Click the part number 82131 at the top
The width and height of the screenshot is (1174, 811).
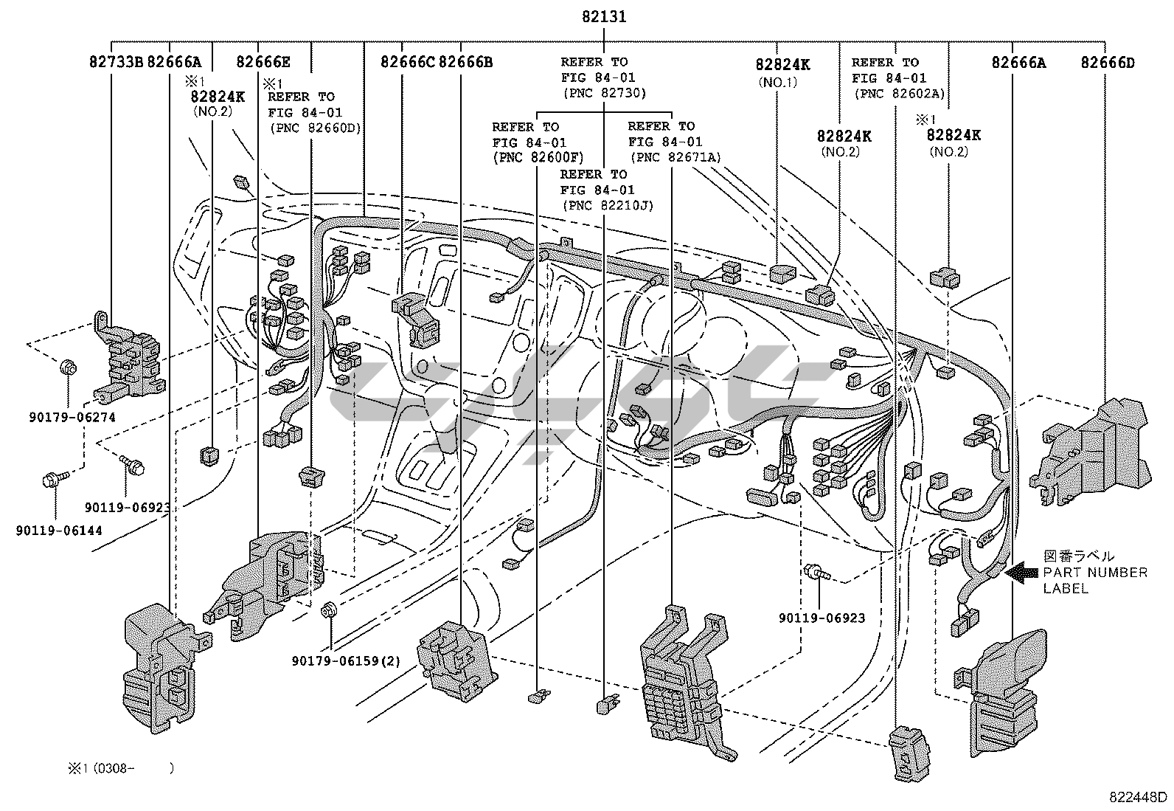[602, 15]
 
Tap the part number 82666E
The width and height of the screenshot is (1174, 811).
[263, 62]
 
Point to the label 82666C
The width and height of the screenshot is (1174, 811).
[408, 62]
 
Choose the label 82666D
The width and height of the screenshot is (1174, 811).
[1108, 62]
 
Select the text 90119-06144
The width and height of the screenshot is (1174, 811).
[59, 530]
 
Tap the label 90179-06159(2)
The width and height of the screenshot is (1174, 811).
[346, 660]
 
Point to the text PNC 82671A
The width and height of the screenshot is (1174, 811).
[675, 157]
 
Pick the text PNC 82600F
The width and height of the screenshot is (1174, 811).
[538, 157]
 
